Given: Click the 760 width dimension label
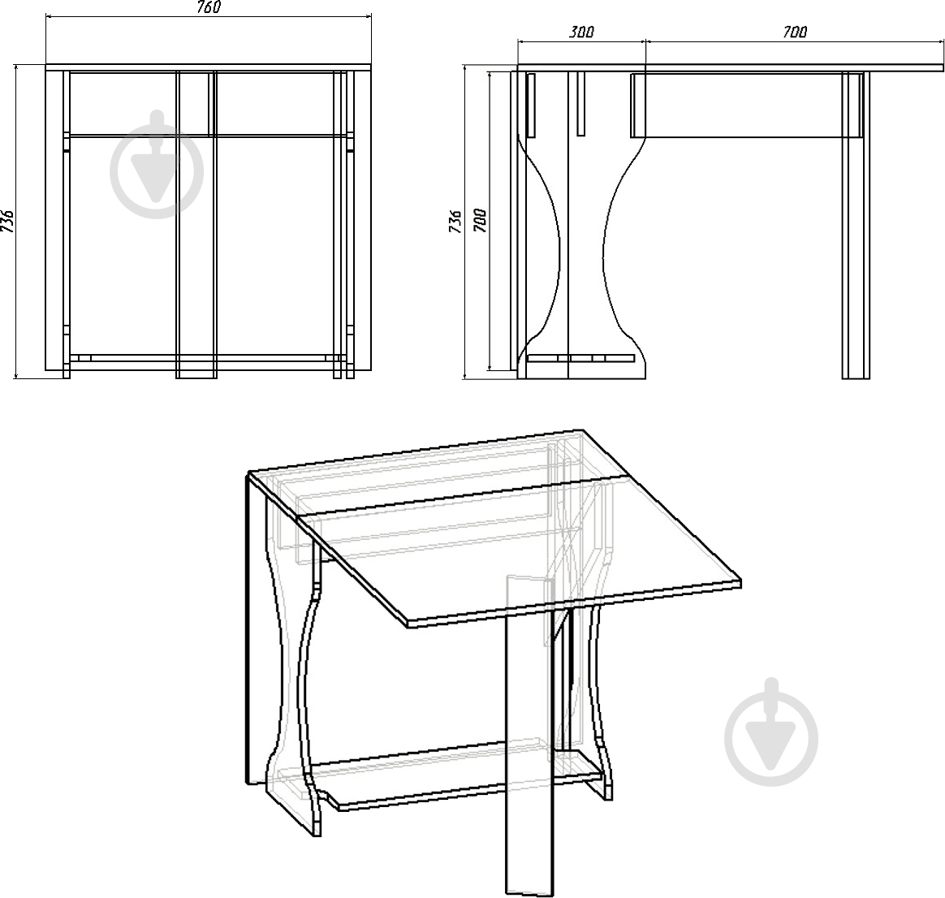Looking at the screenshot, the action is [208, 6].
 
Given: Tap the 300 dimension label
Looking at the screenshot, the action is [581, 32].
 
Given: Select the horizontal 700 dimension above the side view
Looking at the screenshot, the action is [794, 32].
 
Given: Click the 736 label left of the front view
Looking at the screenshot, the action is [7, 221].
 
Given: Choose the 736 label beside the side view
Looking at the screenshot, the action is [456, 221].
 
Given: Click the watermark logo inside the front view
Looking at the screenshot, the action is [157, 164].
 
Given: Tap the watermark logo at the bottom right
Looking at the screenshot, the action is [771, 732].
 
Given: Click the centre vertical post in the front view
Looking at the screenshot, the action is [196, 225].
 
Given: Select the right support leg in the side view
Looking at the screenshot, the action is [856, 226].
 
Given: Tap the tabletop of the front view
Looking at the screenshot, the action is [209, 67].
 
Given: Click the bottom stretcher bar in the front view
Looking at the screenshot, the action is [208, 357].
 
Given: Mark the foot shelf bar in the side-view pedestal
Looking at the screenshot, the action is [581, 358].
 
